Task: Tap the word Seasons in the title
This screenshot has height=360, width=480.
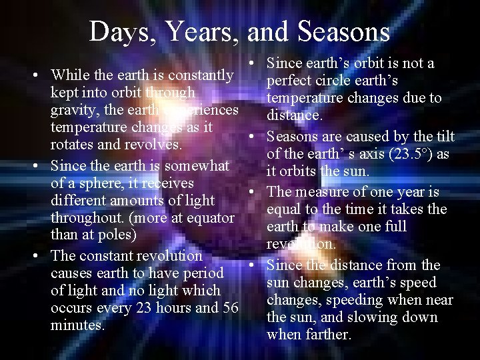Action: click(x=344, y=31)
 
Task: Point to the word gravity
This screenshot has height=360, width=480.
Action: click(x=75, y=109)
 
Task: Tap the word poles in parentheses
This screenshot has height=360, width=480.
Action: click(x=115, y=235)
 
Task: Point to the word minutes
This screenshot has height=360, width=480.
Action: click(x=77, y=326)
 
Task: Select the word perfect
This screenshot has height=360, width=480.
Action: click(x=291, y=81)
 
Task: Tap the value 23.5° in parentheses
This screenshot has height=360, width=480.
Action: click(x=405, y=154)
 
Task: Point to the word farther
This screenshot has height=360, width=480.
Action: click(x=327, y=335)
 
